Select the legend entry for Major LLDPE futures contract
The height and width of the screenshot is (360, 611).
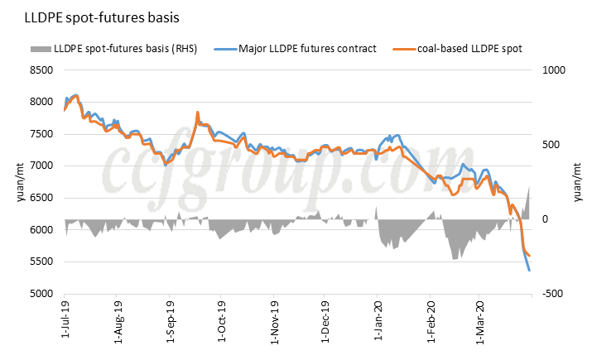click(x=307, y=49)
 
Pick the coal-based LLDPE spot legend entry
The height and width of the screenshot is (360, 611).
click(x=468, y=49)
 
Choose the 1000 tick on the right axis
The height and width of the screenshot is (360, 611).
click(x=552, y=70)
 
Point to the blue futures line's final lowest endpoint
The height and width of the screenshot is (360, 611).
click(x=529, y=271)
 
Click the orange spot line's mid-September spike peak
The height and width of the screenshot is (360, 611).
click(x=197, y=112)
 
